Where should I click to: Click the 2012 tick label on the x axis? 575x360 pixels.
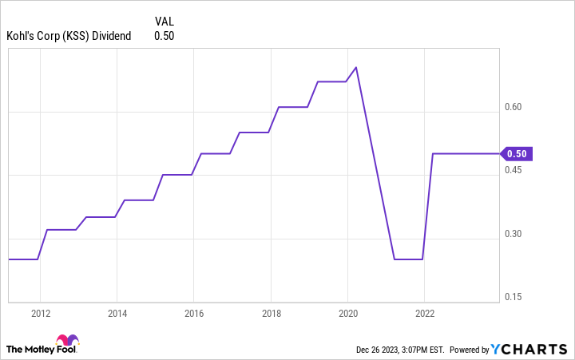[x=42, y=313]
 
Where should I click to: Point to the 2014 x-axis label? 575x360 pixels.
[x=117, y=313]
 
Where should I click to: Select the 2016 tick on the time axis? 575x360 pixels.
[x=193, y=313]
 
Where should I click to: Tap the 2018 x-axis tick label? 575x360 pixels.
[x=270, y=313]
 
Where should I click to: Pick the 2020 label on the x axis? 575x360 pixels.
[x=347, y=313]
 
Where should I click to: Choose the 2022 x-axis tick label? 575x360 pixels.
[x=424, y=313]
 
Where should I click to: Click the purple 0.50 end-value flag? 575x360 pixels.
[x=517, y=154]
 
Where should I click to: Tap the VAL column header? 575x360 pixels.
[x=164, y=20]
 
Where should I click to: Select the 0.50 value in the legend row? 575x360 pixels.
[x=164, y=35]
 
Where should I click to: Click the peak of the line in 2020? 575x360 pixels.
[x=356, y=67]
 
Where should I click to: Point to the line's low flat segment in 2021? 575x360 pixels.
[x=408, y=259]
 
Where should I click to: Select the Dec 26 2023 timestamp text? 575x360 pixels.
[x=399, y=350]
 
